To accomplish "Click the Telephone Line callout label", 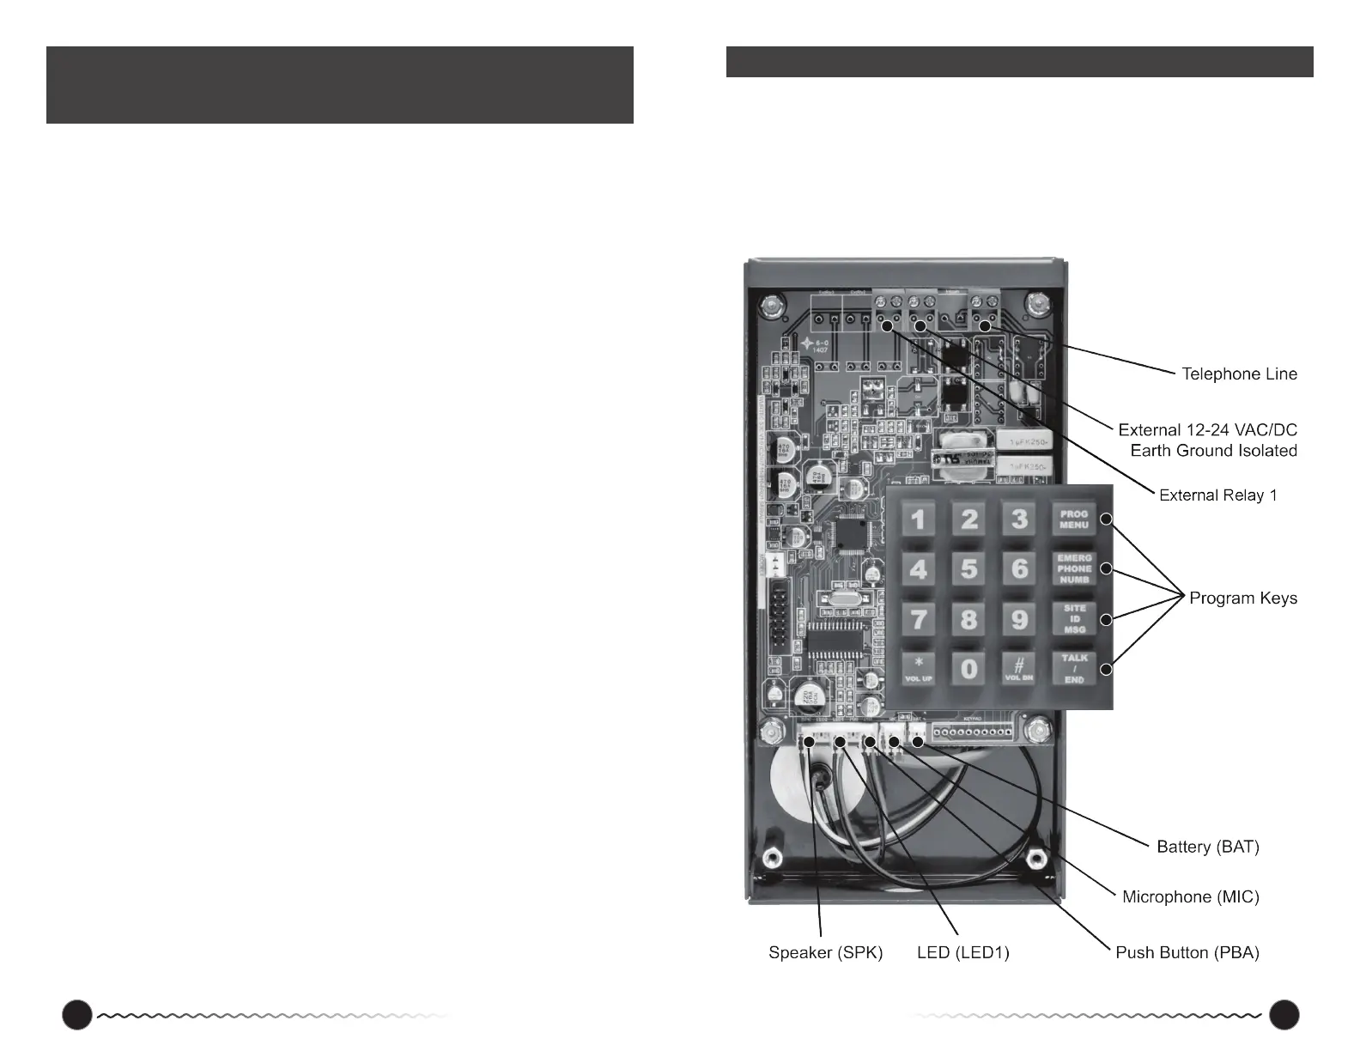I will tap(1239, 374).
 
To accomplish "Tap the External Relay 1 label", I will tap(1217, 495).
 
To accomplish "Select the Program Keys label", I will tap(1242, 598).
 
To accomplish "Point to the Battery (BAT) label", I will tap(1207, 847).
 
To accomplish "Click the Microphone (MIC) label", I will tap(1190, 897).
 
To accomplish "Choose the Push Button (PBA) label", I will tap(1187, 953).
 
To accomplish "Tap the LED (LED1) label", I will tap(962, 953).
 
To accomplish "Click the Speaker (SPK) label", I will tap(825, 953).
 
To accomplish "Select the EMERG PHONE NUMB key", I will tap(1074, 568).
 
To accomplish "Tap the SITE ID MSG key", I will tap(1074, 619).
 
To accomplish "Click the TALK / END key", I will tap(1074, 669).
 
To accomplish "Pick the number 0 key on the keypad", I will tap(968, 669).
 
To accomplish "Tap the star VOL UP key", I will tap(918, 669).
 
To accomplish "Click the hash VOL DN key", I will tap(1019, 669).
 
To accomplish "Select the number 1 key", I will tap(918, 519).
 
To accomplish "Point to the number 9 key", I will tap(1019, 619).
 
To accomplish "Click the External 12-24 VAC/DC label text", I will tap(1207, 430).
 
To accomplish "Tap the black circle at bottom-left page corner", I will tap(76, 1014).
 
